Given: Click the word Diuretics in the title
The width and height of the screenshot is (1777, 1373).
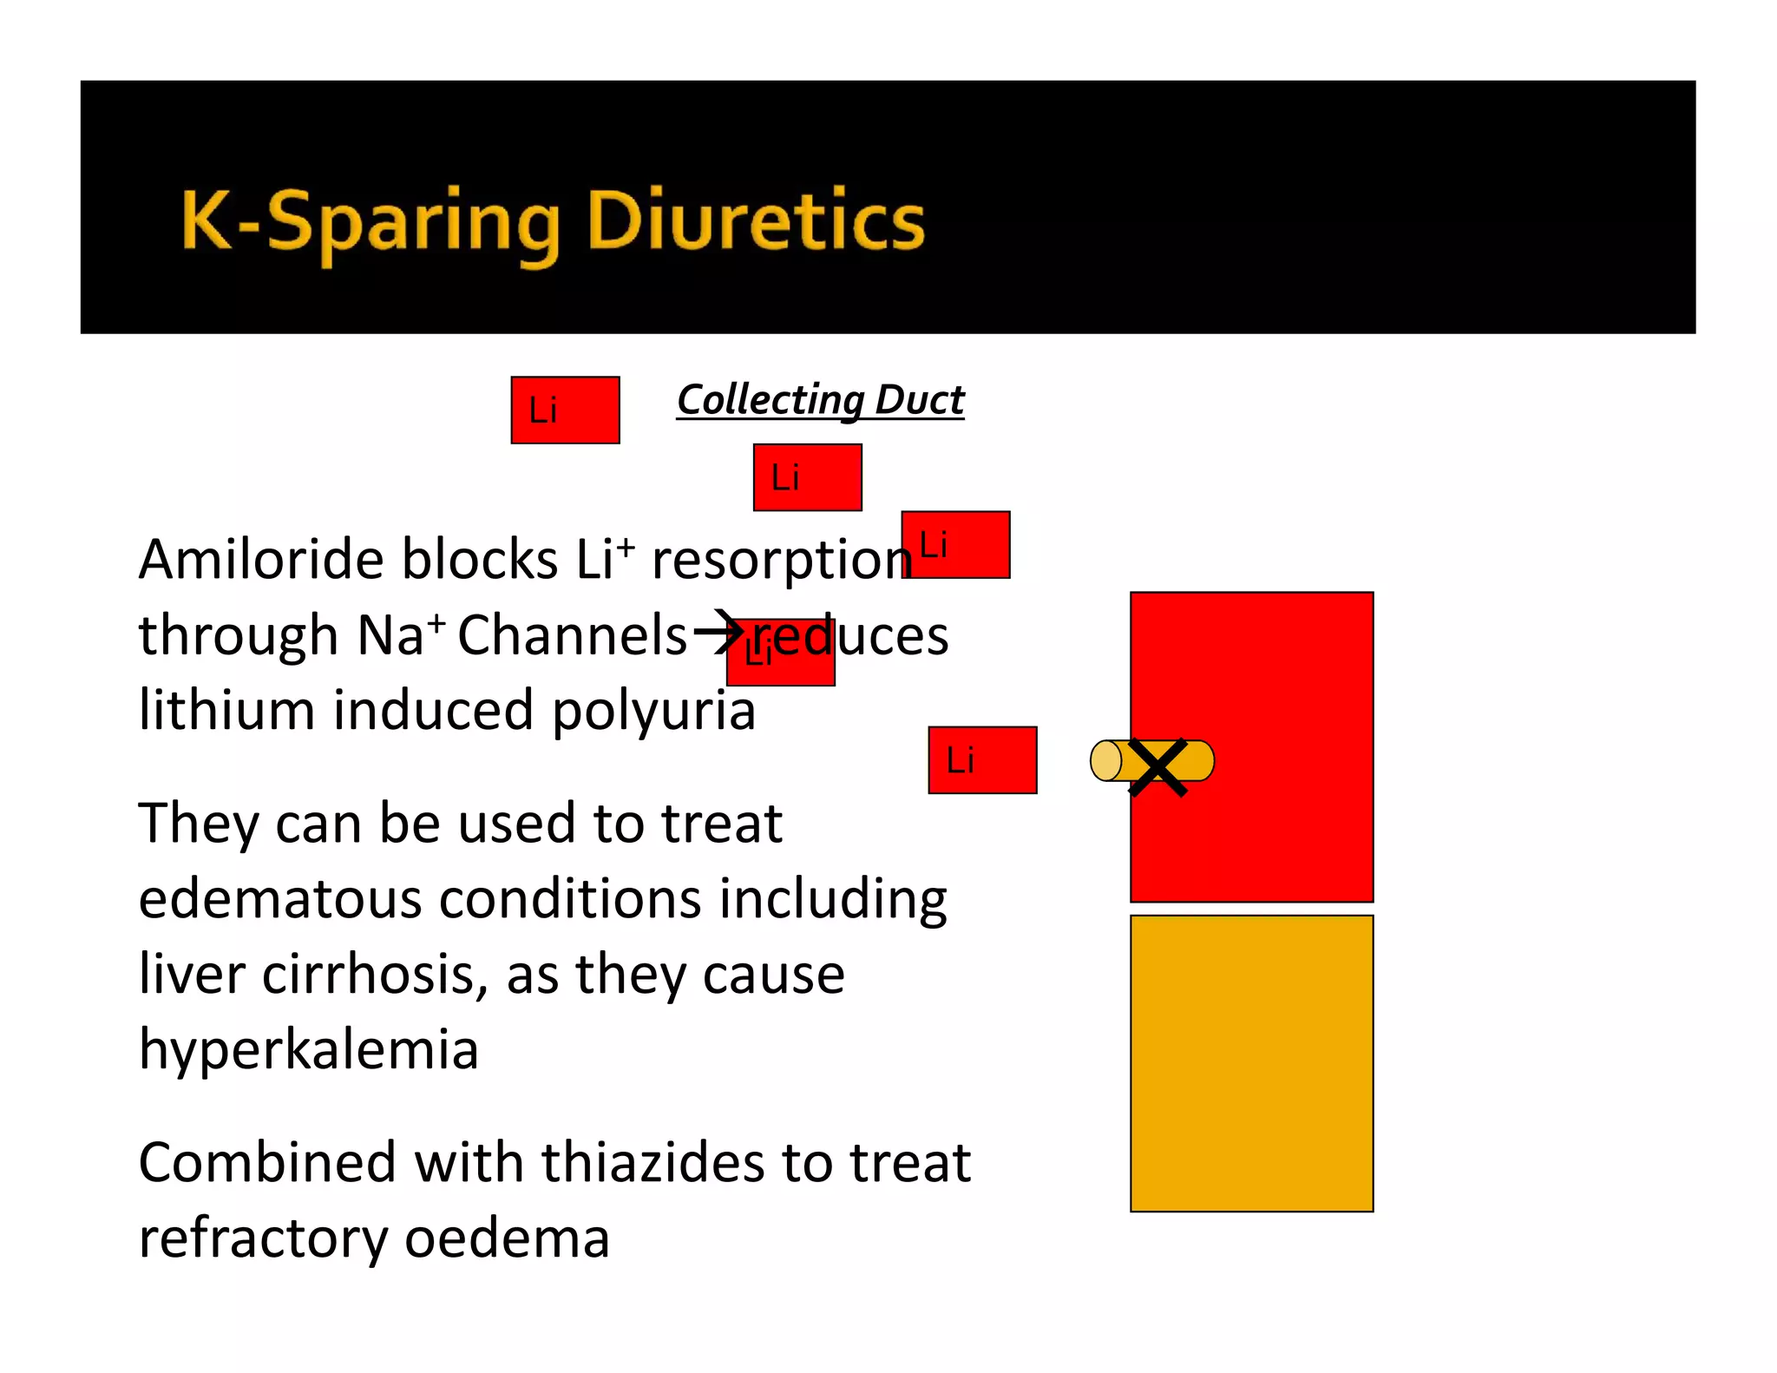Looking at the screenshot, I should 755,221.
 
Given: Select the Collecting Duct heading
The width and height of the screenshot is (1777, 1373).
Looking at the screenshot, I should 820,400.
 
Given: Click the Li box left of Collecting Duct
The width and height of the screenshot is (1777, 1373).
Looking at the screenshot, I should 565,411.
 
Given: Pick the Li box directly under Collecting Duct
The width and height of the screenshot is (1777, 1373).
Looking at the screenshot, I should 807,477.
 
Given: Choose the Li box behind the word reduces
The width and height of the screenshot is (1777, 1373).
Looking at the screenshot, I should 780,653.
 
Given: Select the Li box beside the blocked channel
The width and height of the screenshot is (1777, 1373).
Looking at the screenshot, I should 982,760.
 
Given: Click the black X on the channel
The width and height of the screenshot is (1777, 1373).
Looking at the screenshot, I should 1157,767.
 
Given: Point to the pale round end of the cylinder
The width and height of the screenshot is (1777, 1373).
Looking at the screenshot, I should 1105,761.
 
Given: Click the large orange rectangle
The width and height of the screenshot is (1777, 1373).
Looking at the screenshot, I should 1251,1063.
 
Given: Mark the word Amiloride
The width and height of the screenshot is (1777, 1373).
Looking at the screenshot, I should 261,559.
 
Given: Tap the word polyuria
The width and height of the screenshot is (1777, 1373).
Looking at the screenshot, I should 653,710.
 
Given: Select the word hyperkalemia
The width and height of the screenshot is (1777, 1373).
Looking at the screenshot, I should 308,1050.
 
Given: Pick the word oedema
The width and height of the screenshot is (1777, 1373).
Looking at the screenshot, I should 507,1238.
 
